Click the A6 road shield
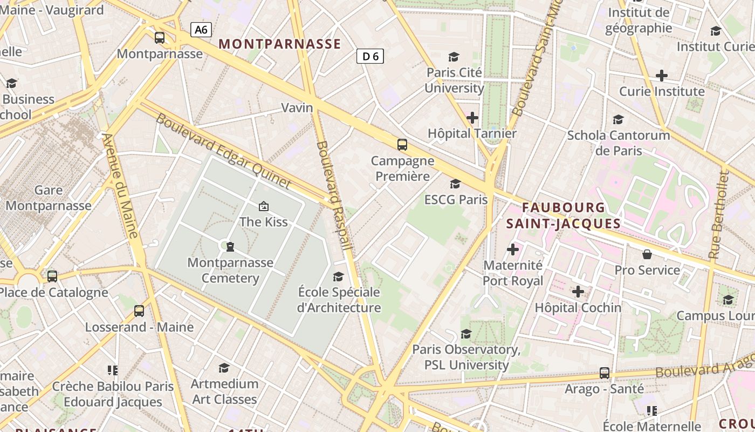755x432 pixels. click(x=201, y=30)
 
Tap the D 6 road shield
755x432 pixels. click(x=370, y=56)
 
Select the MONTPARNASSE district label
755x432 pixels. click(x=280, y=44)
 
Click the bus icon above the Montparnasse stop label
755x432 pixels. click(x=160, y=38)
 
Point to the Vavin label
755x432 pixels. click(x=297, y=107)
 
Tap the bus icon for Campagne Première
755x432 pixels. click(x=402, y=144)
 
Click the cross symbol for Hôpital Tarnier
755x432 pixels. click(x=472, y=117)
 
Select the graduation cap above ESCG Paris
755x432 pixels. click(x=456, y=184)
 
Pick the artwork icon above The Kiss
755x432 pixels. click(x=264, y=206)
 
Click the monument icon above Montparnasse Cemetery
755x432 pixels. click(x=230, y=247)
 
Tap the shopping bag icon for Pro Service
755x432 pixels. click(x=647, y=254)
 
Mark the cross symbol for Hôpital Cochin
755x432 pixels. click(x=578, y=292)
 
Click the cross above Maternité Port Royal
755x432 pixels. click(x=513, y=249)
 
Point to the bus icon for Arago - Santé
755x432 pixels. click(x=605, y=373)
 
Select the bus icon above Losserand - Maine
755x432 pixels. click(x=139, y=310)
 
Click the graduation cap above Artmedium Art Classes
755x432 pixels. click(x=224, y=368)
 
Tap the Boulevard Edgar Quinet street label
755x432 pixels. click(x=223, y=152)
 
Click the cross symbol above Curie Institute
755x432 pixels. click(x=662, y=76)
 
